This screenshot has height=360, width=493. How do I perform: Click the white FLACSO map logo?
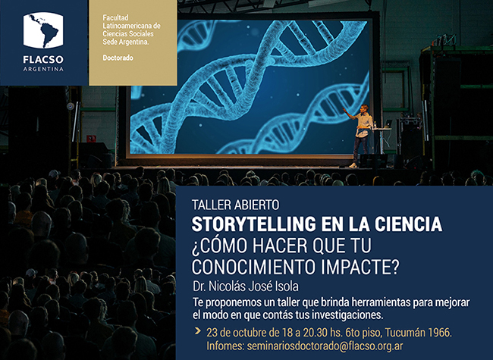[x=43, y=30]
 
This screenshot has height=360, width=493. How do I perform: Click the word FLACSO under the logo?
[x=43, y=59]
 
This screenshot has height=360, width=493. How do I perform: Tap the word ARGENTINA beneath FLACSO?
[x=43, y=69]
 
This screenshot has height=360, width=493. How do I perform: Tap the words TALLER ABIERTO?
[x=235, y=205]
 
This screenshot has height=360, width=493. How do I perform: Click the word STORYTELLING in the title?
[x=254, y=224]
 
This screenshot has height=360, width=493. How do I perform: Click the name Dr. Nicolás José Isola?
[x=246, y=286]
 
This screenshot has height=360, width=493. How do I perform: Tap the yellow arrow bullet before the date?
[x=198, y=330]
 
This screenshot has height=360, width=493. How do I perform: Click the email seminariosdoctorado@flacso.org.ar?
[x=325, y=346]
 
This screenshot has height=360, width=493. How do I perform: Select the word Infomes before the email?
[x=225, y=346]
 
